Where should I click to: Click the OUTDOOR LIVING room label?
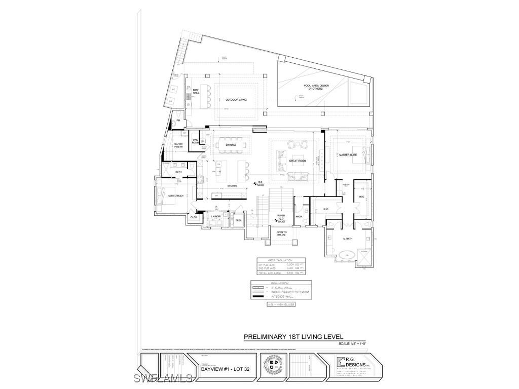click(236, 100)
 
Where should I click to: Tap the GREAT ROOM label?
click(298, 161)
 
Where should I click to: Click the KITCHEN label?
click(232, 186)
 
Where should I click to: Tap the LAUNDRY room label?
click(216, 216)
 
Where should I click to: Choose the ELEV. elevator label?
click(238, 220)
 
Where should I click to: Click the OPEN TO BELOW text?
click(281, 235)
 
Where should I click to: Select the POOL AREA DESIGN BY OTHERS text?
click(316, 87)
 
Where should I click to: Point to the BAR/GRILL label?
click(195, 92)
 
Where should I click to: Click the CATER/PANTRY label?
click(178, 145)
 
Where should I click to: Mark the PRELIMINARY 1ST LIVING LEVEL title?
click(293, 336)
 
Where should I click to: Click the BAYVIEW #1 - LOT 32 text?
click(221, 369)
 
